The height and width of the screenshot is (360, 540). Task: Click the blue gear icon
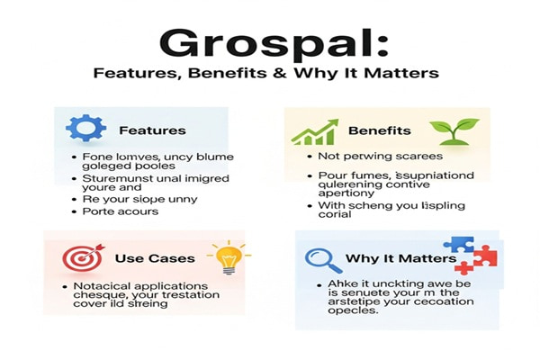coord(81,130)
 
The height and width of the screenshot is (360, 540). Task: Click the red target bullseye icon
coord(81,258)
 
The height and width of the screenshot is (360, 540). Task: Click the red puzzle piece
coord(475,261)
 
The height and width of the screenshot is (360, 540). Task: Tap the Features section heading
coord(152,130)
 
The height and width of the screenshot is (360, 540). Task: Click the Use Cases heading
coord(155,258)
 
